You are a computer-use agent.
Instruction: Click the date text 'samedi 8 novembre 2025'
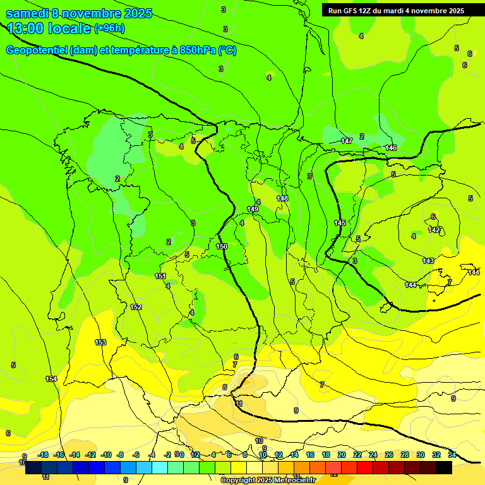tap(79, 13)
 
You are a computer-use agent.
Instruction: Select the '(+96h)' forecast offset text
tap(109, 28)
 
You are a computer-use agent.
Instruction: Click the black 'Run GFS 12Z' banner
tap(396, 10)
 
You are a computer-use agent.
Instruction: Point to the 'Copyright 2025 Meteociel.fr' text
tap(268, 480)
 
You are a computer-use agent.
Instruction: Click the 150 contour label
tap(222, 246)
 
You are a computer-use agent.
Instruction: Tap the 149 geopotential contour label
tap(253, 209)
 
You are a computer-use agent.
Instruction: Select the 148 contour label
tap(282, 198)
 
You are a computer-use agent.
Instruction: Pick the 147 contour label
tap(346, 141)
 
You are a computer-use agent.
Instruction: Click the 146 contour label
tap(391, 148)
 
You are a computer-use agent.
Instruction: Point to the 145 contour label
tap(340, 223)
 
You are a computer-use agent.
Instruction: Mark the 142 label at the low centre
tap(434, 231)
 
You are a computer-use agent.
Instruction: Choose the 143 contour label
tap(428, 261)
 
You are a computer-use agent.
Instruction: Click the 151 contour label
tap(160, 276)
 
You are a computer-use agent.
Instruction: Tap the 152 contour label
tap(136, 307)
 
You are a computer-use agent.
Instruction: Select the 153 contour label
tap(100, 342)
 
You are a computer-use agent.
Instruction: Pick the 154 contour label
tap(51, 379)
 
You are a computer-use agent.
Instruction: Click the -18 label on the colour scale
tap(43, 455)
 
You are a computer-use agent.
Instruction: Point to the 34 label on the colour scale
tap(452, 455)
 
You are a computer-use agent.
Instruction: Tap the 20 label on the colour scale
tap(342, 455)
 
